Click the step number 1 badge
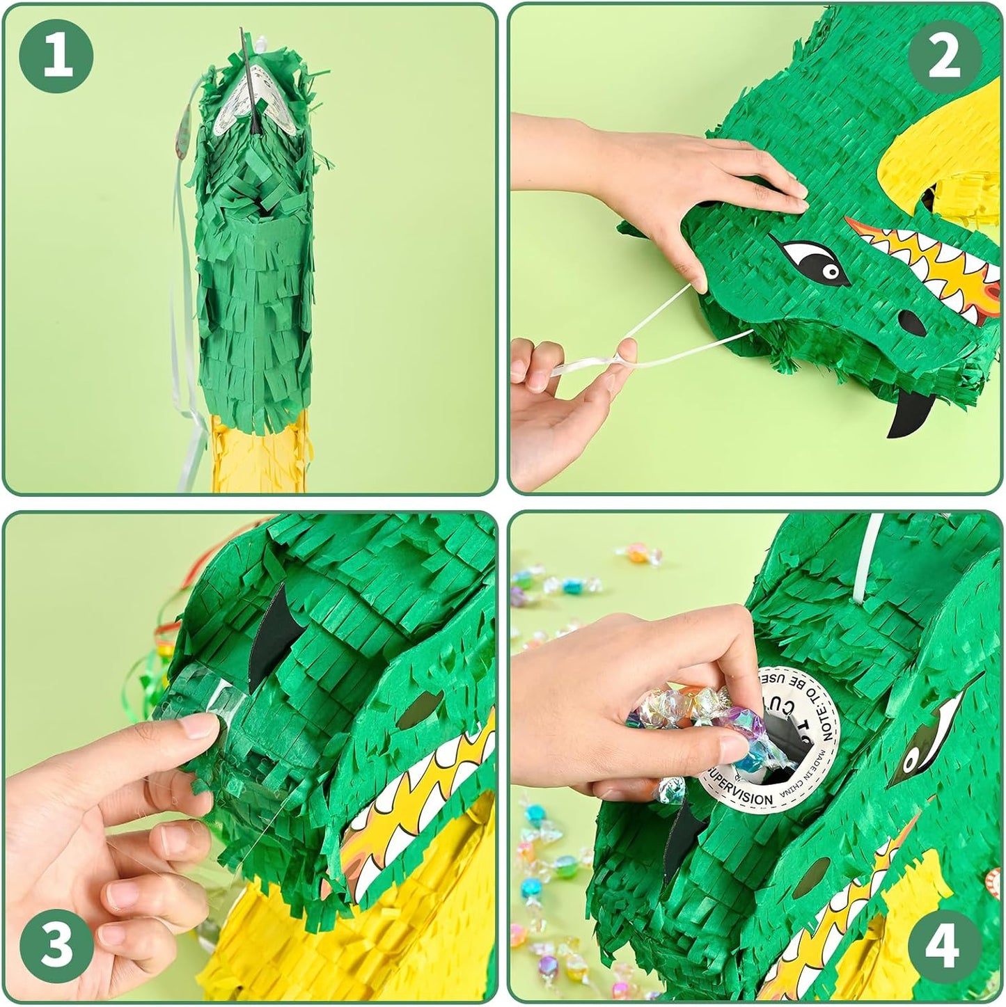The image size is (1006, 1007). [57, 58]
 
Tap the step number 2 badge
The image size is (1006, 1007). [944, 58]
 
